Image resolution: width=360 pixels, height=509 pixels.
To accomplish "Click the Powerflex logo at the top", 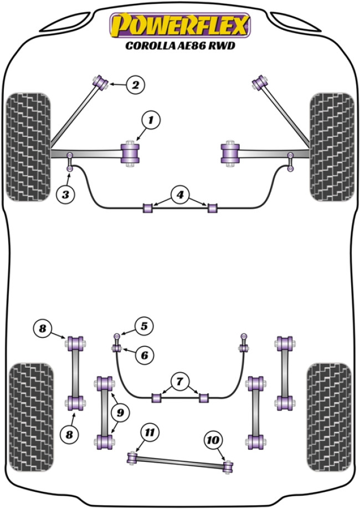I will pos(180,25).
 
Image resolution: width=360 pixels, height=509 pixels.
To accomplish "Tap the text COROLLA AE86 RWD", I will pos(180,47).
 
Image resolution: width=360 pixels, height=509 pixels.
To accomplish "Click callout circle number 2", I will pos(135,85).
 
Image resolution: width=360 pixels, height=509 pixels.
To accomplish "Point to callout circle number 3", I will pos(66,193).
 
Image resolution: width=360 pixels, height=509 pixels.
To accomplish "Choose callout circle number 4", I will pos(179,195).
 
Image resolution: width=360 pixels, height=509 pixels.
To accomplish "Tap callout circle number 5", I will pos(143,327).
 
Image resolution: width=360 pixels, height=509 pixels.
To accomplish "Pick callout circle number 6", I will pos(143,354).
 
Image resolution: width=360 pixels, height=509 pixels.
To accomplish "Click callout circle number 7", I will pos(179,381).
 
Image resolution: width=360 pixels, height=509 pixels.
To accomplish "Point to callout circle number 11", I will pos(148,433).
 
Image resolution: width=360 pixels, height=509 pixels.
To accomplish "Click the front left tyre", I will pos(28,146).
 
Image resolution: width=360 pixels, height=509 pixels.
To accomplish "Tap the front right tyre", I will pos(331,146).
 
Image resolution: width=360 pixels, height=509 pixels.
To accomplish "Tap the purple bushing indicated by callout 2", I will pos(101,82).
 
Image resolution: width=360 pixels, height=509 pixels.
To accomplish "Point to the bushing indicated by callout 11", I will pos(132,457).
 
